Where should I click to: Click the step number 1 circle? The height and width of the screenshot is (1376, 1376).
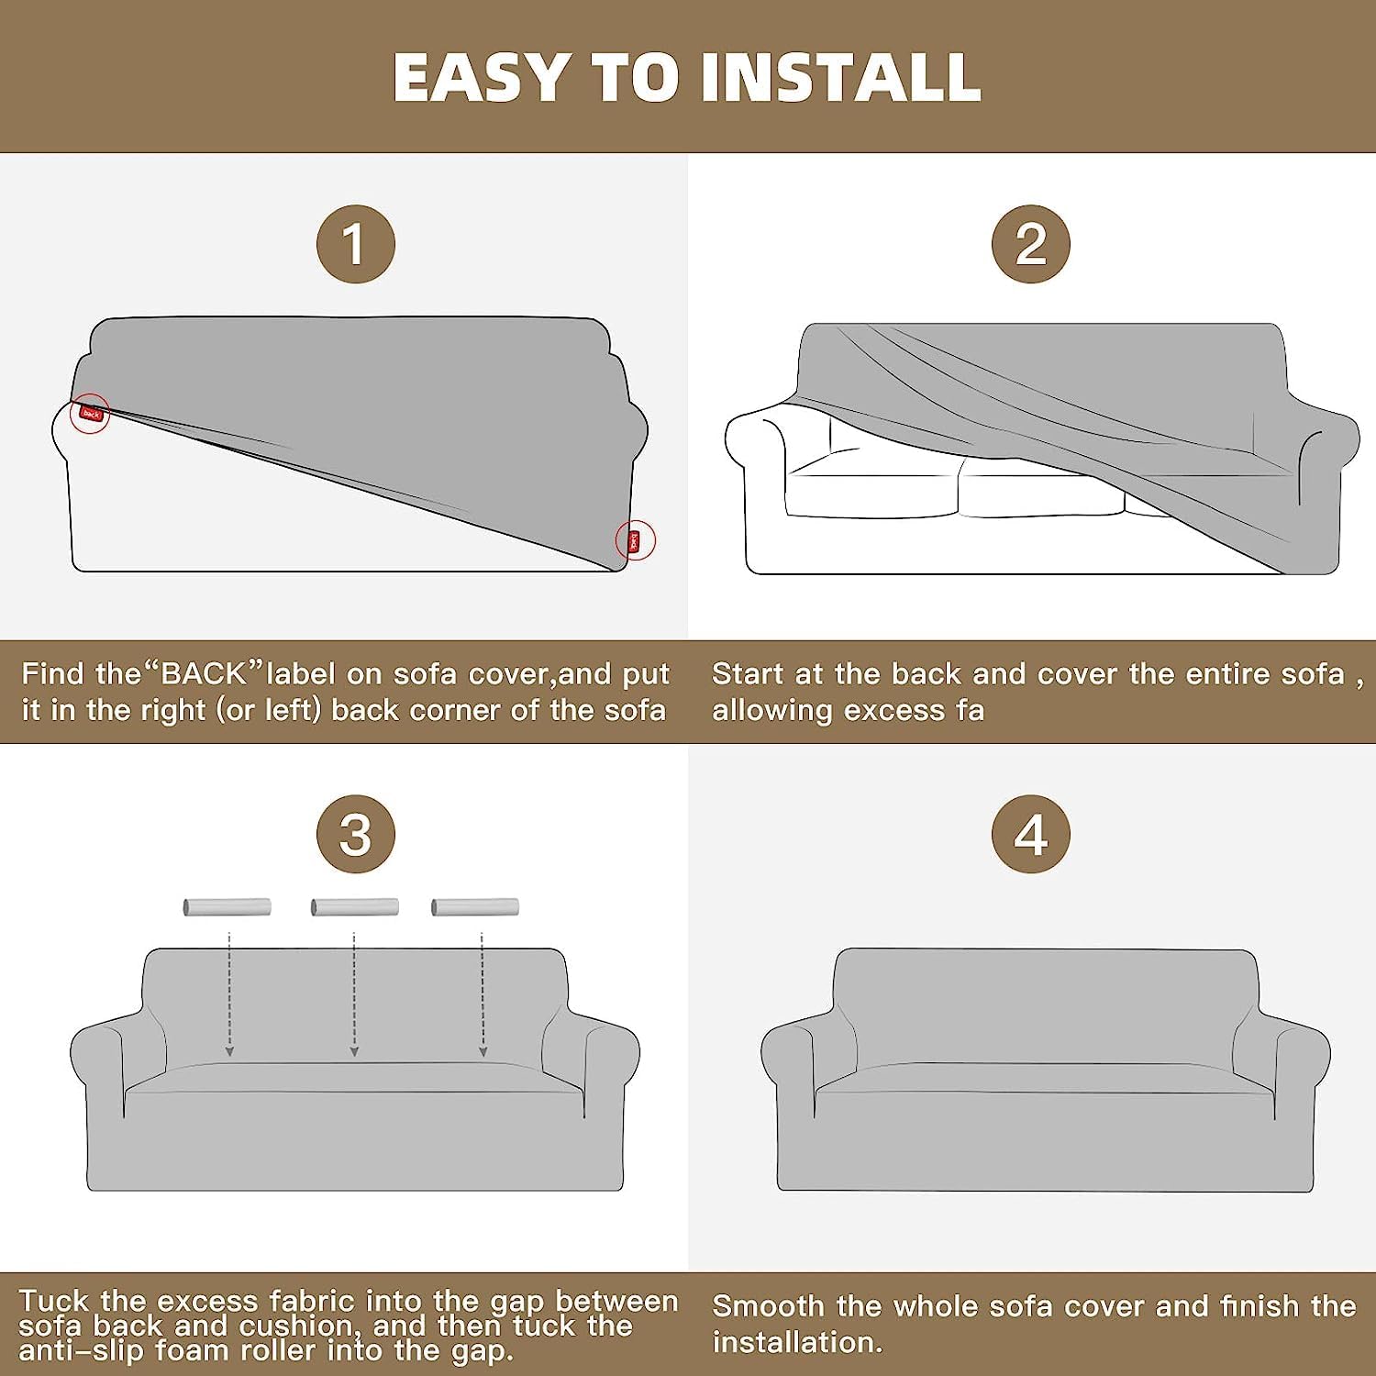(x=355, y=244)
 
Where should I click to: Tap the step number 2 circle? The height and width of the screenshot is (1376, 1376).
(x=1031, y=244)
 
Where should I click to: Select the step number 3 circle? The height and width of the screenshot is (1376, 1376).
(x=355, y=834)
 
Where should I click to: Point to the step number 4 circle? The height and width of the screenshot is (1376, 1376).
(x=1031, y=834)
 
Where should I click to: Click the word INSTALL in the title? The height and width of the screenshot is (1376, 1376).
(x=841, y=77)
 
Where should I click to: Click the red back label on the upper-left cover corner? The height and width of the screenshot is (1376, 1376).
(x=91, y=414)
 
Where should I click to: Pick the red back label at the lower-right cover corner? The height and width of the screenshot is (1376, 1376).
(x=633, y=541)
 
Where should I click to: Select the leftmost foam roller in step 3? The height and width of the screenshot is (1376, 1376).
(x=227, y=907)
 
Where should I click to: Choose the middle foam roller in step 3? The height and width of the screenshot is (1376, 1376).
(x=355, y=907)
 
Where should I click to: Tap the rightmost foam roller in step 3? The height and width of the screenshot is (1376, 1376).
(x=475, y=907)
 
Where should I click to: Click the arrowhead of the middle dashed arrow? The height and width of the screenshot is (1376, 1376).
(x=354, y=1051)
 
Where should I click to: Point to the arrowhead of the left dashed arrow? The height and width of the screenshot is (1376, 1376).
(x=229, y=1051)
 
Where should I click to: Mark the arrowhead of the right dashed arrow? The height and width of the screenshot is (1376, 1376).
(x=483, y=1051)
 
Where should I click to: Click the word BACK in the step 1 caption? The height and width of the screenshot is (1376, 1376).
(x=204, y=674)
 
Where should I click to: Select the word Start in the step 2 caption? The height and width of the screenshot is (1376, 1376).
(x=748, y=674)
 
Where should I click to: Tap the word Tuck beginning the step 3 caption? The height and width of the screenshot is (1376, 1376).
(x=54, y=1301)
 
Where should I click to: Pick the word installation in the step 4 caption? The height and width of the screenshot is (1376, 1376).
(x=796, y=1342)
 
